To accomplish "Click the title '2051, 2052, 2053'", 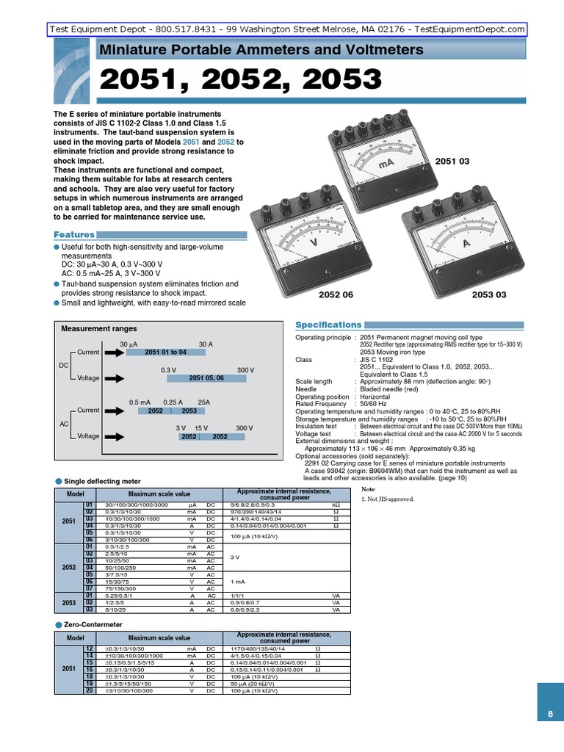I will coord(240,80).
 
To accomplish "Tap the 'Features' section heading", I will coord(75,234).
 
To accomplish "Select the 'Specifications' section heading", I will coord(328,325).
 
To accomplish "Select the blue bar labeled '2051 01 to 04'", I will coord(165,352).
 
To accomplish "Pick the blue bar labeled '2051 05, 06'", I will coord(206,378).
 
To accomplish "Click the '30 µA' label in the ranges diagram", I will coord(129,344).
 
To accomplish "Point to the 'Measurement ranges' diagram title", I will coord(99,329).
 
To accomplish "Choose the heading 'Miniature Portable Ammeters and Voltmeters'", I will coord(261,50).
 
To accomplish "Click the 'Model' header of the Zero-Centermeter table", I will coord(76,637).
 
